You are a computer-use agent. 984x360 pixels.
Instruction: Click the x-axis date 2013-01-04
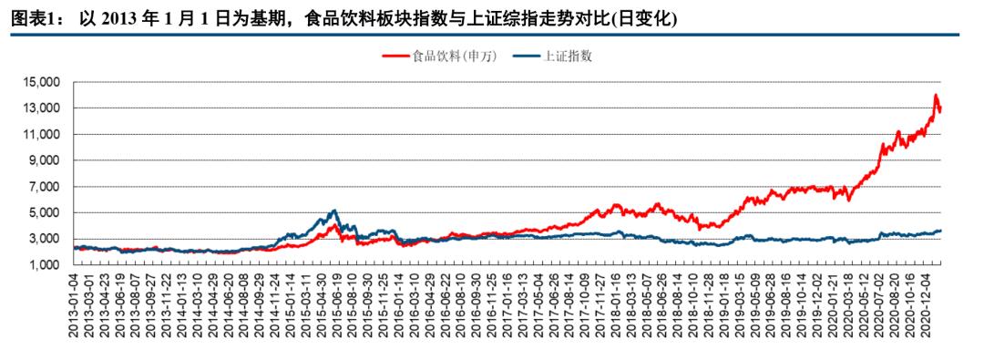(74, 305)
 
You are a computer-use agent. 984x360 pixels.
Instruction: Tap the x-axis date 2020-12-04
(931, 305)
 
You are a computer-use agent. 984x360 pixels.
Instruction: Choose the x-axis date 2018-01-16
(614, 305)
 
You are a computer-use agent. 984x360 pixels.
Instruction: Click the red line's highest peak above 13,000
(935, 95)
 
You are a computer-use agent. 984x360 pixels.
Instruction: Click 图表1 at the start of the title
(27, 19)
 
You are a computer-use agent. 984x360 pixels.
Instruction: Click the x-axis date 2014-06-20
(229, 305)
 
